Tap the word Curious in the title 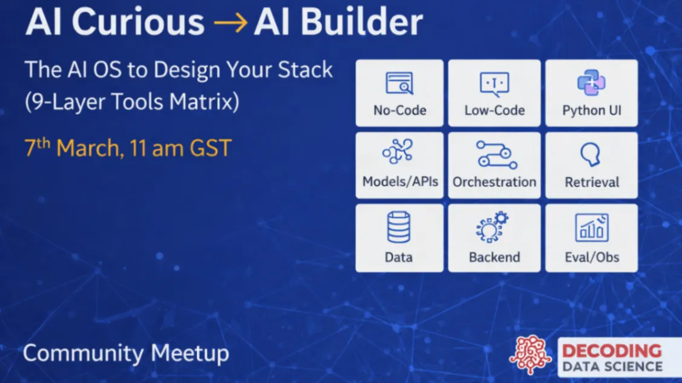(x=138, y=22)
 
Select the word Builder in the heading (x=362, y=22)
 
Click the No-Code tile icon (x=399, y=83)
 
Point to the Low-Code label (x=494, y=110)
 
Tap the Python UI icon (x=591, y=83)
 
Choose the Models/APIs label (x=400, y=182)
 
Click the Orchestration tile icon (x=496, y=155)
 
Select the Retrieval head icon (x=591, y=155)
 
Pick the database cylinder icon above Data (x=398, y=227)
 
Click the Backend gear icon (x=493, y=227)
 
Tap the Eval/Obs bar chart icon (x=592, y=228)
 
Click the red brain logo (x=530, y=355)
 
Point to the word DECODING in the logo (x=612, y=351)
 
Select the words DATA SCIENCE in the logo (x=612, y=367)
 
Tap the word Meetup (x=189, y=353)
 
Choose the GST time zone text (x=211, y=148)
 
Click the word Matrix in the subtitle (x=205, y=102)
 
